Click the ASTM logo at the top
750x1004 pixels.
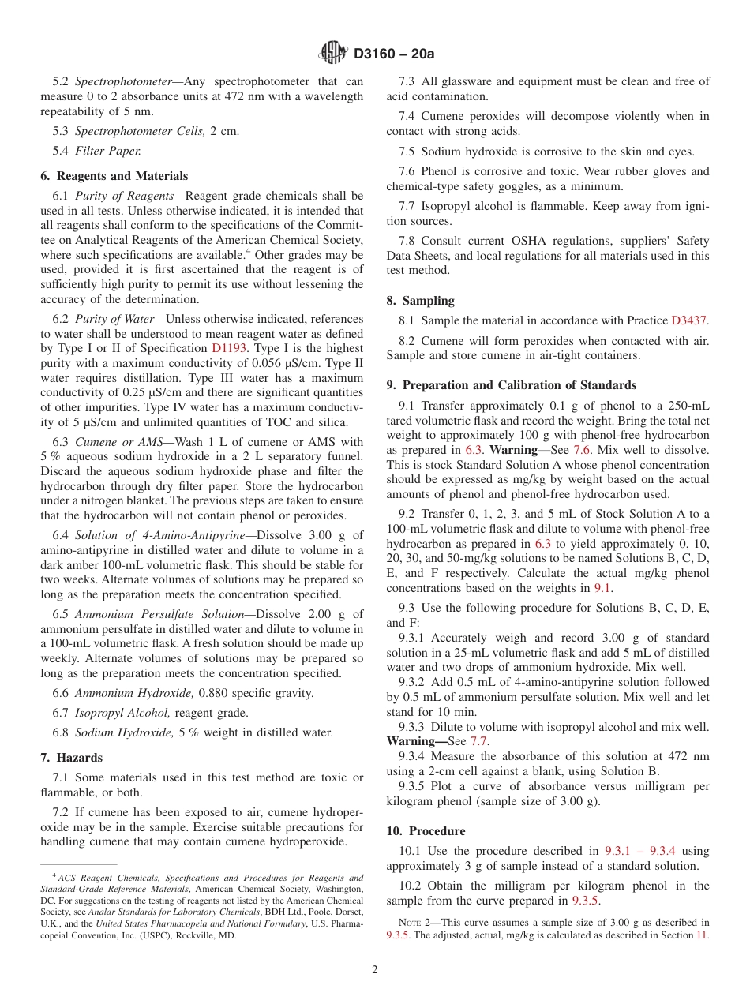point(332,54)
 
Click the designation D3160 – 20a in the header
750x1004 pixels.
point(395,54)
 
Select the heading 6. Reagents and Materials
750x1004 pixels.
point(114,176)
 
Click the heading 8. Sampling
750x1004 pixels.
point(420,301)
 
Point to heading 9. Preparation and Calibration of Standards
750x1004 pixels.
point(511,385)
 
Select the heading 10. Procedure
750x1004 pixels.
point(426,831)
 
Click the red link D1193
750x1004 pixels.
point(228,348)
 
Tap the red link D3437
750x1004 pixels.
point(689,320)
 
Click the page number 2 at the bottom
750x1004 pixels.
point(375,970)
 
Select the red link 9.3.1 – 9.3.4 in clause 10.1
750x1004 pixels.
point(642,851)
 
